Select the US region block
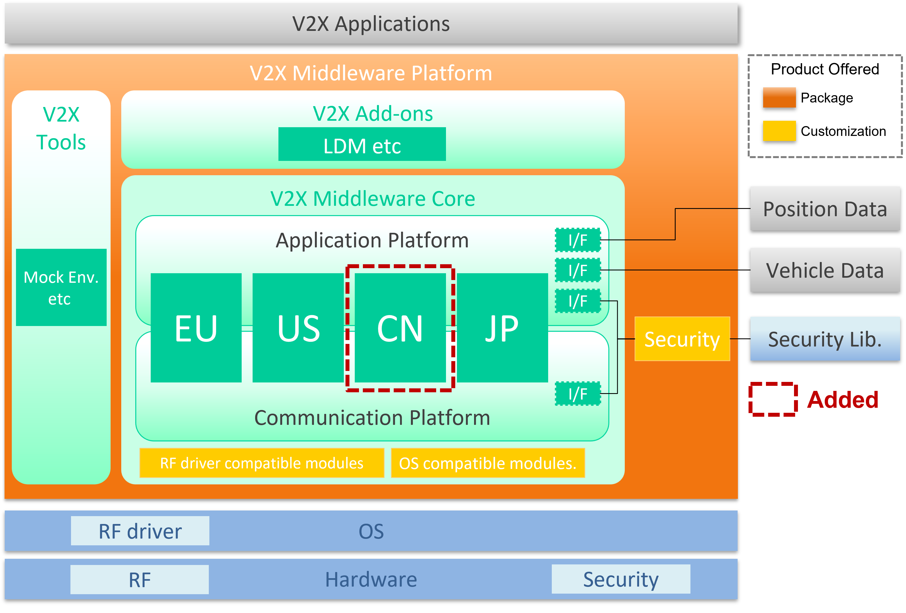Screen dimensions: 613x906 [x=298, y=327]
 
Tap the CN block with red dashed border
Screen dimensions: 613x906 [x=400, y=327]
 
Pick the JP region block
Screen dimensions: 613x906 [x=502, y=327]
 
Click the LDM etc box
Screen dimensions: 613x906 [x=362, y=144]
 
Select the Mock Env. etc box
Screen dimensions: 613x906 [x=61, y=287]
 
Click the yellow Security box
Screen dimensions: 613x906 [x=682, y=338]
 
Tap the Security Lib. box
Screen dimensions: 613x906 [x=825, y=338]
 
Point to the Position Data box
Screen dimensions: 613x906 [x=825, y=209]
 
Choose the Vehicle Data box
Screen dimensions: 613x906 [x=825, y=270]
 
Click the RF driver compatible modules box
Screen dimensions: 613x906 [x=262, y=463]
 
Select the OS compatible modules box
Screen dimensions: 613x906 [x=488, y=463]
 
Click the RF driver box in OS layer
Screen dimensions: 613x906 [x=140, y=531]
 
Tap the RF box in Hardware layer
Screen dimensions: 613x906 [x=139, y=580]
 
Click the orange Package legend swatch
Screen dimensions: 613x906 [x=779, y=97]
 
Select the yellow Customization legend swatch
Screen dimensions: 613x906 [x=779, y=131]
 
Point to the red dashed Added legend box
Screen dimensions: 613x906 [x=773, y=399]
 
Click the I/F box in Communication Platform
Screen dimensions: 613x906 [x=578, y=393]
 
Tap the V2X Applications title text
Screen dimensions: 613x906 [x=371, y=24]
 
